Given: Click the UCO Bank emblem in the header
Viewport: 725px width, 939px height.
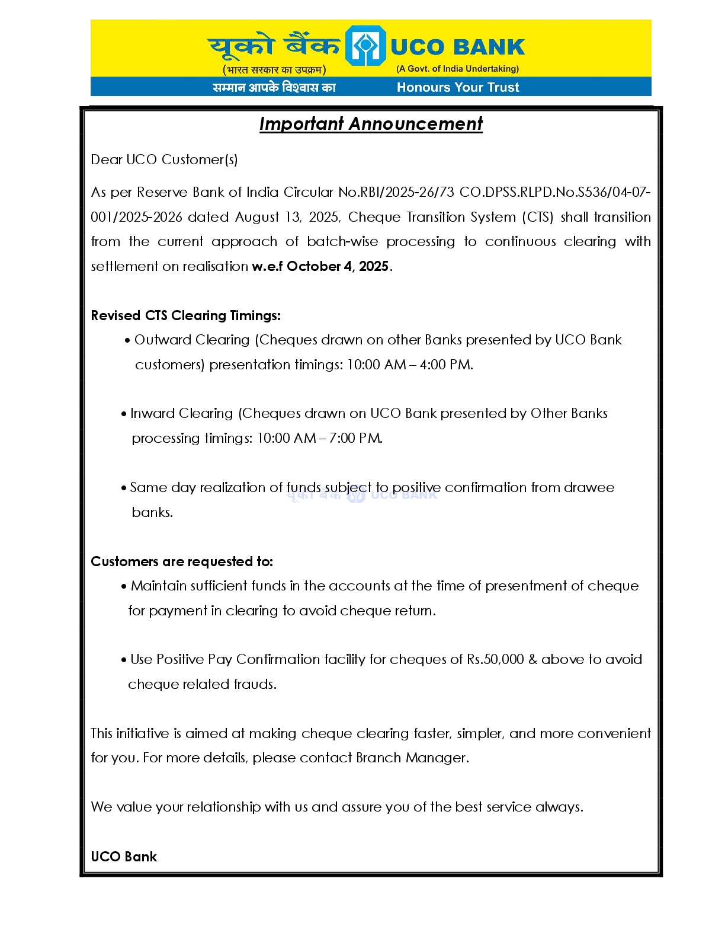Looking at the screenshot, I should click(365, 46).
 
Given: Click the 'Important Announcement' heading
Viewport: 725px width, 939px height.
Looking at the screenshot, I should click(371, 124).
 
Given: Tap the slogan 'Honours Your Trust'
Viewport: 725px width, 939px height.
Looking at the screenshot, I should click(457, 87).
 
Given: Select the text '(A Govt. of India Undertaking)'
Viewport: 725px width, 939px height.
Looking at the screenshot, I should click(457, 69).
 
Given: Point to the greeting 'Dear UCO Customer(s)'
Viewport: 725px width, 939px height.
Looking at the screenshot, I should click(164, 159).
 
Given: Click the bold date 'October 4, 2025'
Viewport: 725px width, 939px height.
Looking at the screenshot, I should click(338, 266).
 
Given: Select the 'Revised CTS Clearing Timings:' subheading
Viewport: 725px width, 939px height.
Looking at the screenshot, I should click(185, 315).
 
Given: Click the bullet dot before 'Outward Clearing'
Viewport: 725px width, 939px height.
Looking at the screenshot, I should click(127, 341).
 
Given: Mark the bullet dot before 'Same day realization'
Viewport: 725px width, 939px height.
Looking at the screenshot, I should click(124, 488).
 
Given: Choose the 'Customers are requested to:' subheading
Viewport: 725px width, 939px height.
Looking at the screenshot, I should click(182, 561).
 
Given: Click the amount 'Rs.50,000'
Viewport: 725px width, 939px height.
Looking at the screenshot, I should click(495, 659).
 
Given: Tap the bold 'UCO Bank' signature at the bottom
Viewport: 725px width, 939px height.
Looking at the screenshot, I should click(124, 857).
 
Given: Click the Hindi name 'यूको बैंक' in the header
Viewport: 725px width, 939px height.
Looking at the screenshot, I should click(274, 46).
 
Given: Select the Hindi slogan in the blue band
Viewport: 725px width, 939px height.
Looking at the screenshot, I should click(274, 87).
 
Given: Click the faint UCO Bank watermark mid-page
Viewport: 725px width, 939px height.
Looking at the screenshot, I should click(362, 494).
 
